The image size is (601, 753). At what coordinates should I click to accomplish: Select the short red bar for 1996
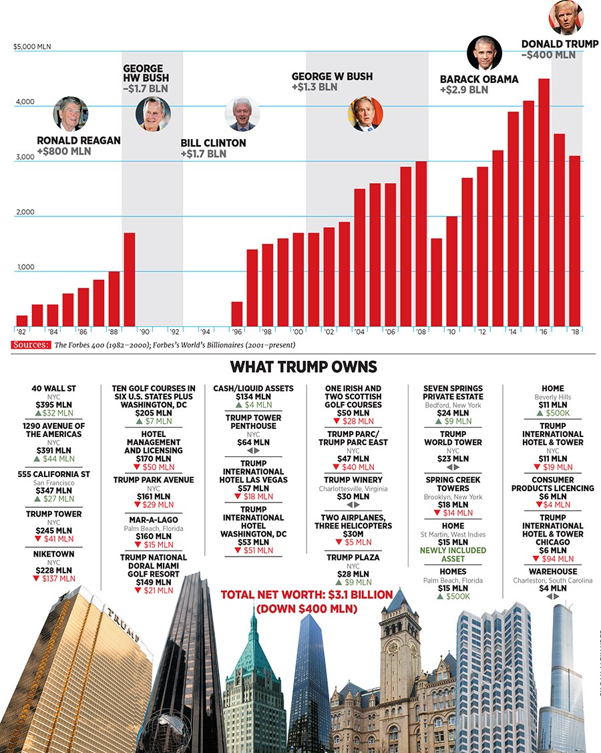pos(236,314)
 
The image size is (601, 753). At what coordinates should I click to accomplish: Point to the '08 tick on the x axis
pos(421,331)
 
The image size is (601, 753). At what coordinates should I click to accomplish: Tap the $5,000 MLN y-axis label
pos(33,47)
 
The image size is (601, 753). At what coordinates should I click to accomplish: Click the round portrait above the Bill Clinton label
pos(241,114)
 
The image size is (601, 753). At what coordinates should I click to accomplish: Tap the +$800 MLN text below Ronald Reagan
pos(64,152)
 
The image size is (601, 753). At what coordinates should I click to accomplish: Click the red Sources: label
pos(31,345)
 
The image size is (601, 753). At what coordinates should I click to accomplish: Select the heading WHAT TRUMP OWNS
pos(303,367)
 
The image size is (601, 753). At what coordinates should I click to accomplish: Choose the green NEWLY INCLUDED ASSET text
pos(453,555)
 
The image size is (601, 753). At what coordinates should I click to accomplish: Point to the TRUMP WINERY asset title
pos(353,480)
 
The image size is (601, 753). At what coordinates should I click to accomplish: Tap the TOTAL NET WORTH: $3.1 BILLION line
pos(307,595)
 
